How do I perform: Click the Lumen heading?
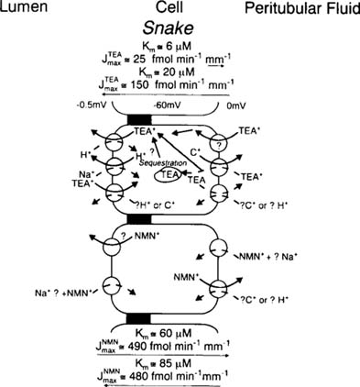(x=27, y=9)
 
